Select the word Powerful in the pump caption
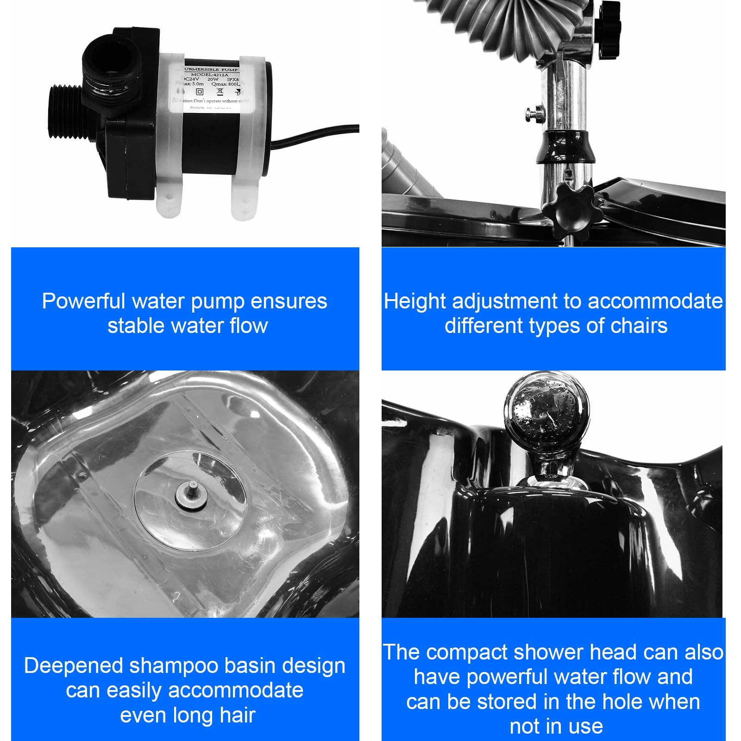pos(84,301)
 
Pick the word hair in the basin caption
pos(237,715)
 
